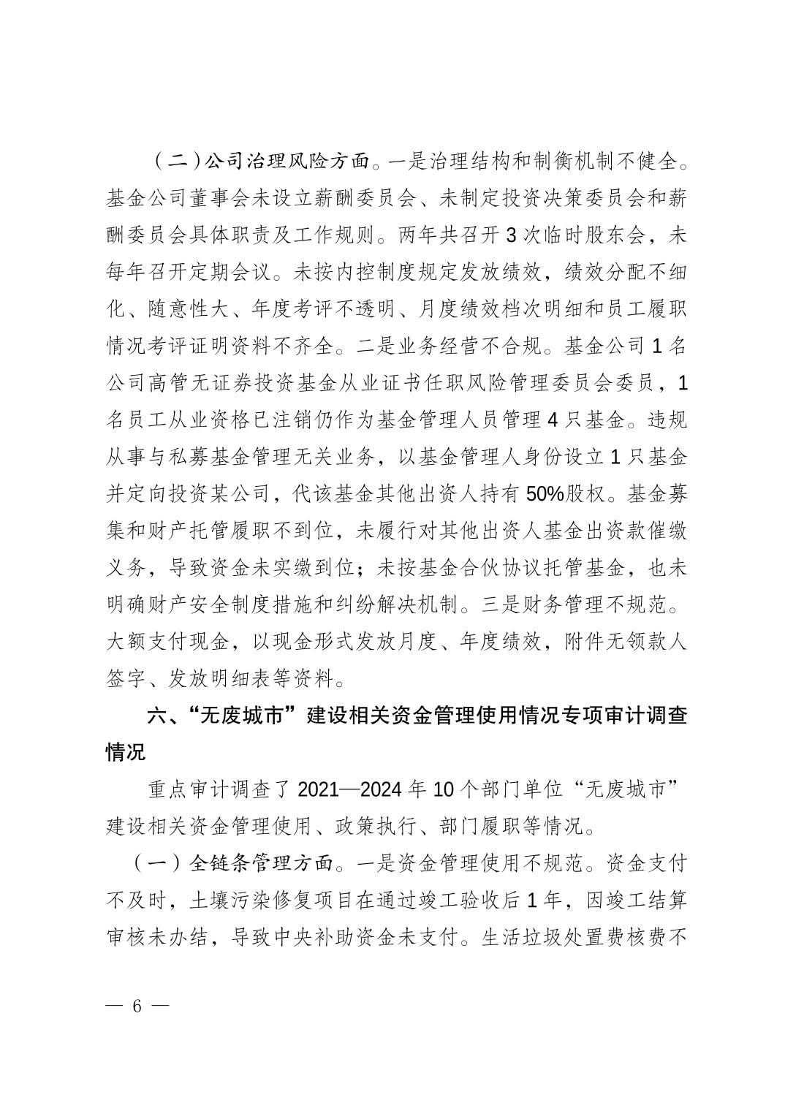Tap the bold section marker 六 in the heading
[x=157, y=716]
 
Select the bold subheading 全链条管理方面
[x=259, y=863]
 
